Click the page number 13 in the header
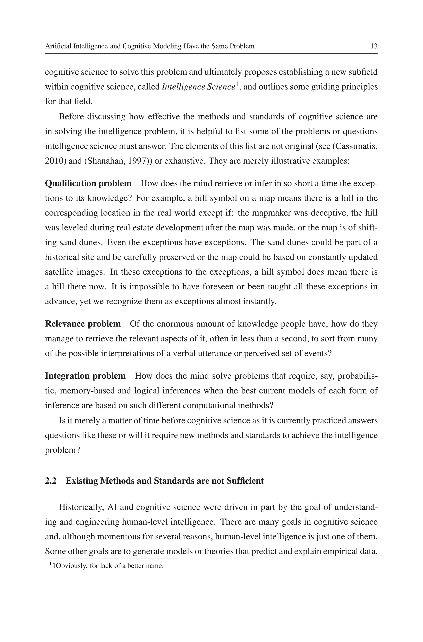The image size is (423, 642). (374, 46)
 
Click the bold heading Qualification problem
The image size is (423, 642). (88, 183)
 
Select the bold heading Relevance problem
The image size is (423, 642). (83, 324)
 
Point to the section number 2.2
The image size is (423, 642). (51, 481)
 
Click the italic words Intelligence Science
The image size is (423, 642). (198, 87)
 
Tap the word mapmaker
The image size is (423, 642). (269, 213)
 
